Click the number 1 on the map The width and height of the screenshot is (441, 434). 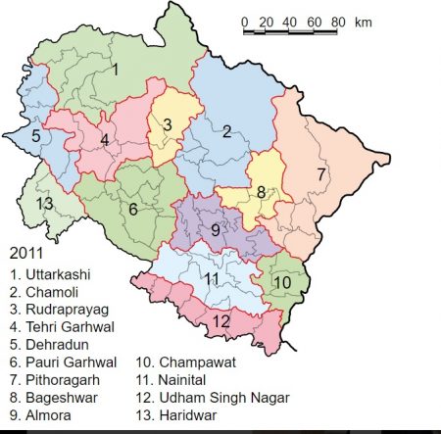[x=115, y=69]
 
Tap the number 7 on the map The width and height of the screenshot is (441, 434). [x=320, y=174]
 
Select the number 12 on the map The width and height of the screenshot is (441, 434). [x=221, y=321]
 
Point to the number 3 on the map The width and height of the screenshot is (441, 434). [x=168, y=123]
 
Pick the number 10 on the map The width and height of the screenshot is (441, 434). [x=282, y=283]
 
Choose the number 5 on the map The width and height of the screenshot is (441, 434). [x=35, y=136]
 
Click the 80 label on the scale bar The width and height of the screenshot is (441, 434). [x=337, y=22]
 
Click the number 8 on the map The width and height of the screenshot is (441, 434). [x=262, y=193]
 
